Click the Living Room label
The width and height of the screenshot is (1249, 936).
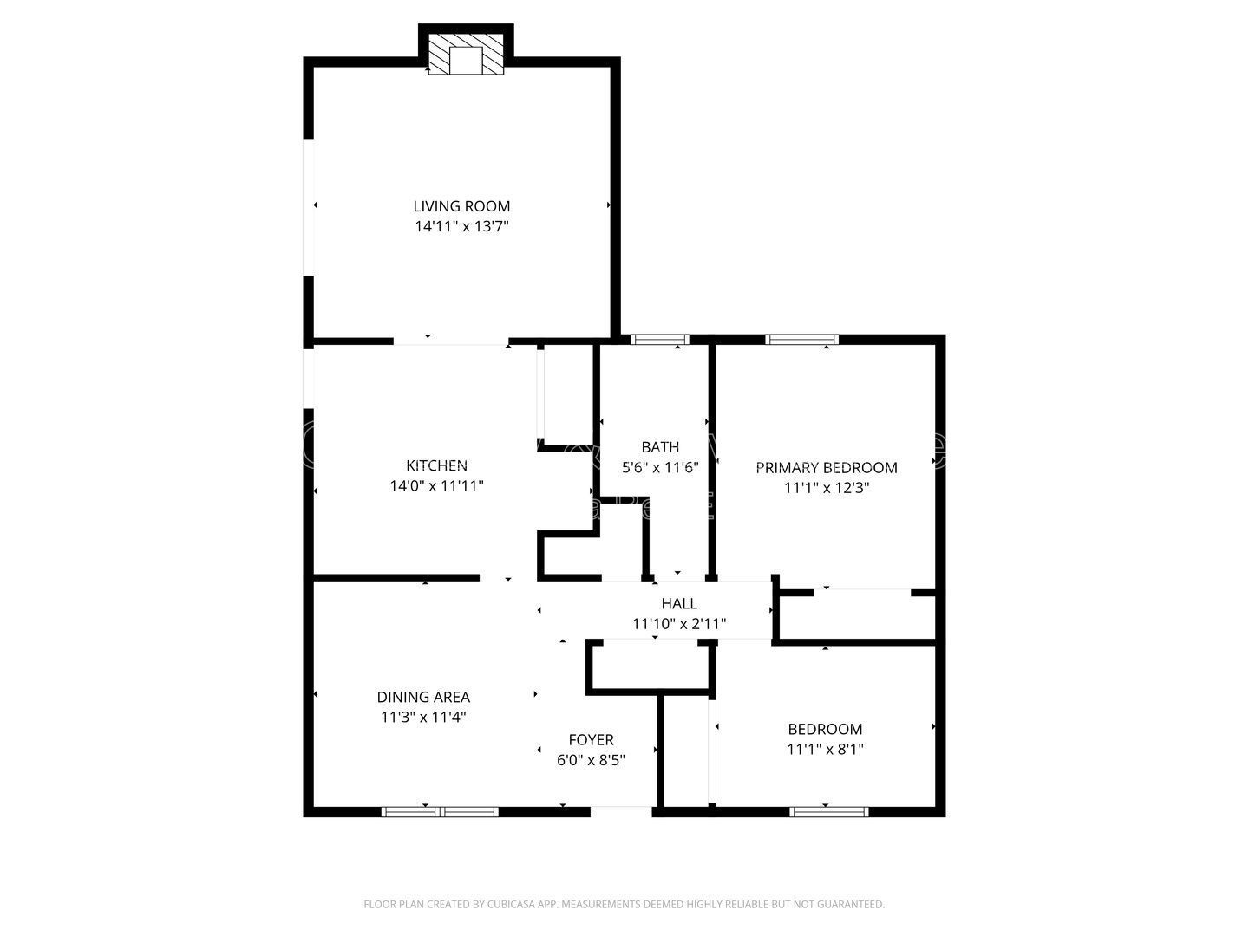pos(461,206)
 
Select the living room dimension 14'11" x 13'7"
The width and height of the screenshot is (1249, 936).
pos(461,227)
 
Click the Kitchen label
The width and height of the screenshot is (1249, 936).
pos(436,466)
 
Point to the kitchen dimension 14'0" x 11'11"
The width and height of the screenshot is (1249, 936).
pos(436,486)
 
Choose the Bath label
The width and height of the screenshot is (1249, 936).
pos(660,447)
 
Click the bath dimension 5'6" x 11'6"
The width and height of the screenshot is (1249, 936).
pos(660,467)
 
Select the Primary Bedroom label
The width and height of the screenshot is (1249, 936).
pos(827,468)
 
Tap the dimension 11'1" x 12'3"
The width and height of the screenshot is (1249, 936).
pos(827,488)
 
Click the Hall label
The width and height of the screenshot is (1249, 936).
pos(679,604)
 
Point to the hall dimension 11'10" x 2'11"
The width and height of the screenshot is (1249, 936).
pos(679,623)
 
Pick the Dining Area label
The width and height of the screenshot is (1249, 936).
pos(423,697)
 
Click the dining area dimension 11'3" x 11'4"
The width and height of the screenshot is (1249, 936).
pos(423,717)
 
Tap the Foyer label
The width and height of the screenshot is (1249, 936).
pos(591,740)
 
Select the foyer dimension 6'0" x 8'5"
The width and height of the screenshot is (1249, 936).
pos(591,760)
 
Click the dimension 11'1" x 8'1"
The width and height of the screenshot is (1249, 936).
pos(825,750)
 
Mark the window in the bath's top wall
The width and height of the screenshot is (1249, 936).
pos(659,340)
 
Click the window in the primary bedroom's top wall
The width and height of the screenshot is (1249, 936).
pos(801,340)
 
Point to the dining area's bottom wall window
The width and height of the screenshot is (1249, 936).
pos(441,812)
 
